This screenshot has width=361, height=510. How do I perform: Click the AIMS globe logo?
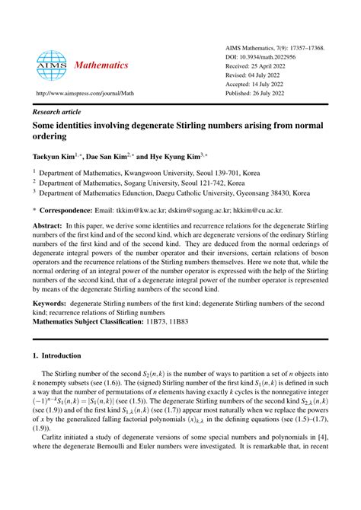52,65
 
